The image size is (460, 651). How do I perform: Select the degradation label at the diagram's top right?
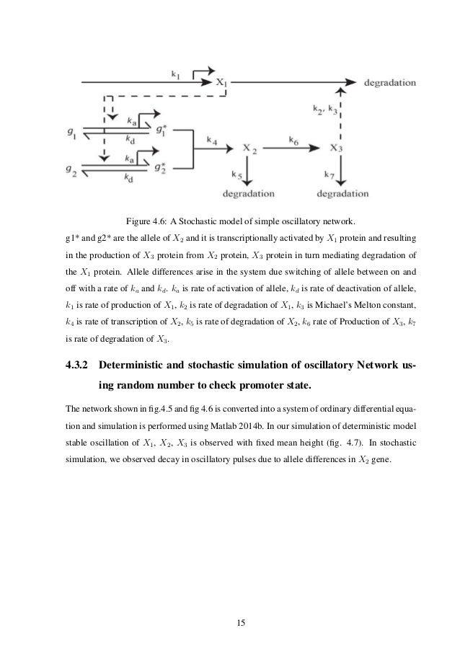click(390, 82)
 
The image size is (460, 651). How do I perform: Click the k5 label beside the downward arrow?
click(236, 174)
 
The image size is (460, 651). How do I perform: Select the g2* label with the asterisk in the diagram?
click(160, 169)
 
